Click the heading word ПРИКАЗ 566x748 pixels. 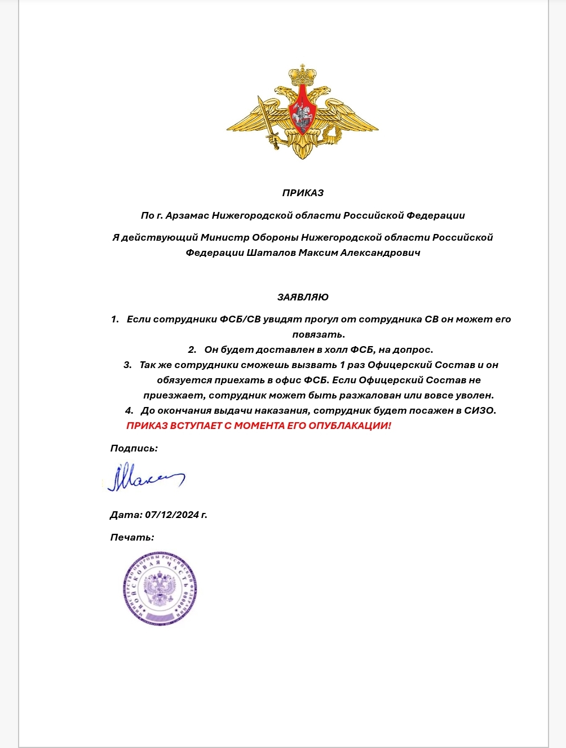click(x=303, y=193)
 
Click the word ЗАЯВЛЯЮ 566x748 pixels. click(x=303, y=297)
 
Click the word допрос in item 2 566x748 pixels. click(x=414, y=349)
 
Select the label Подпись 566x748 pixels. click(x=134, y=449)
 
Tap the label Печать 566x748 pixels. click(x=132, y=537)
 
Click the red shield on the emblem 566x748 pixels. click(x=302, y=109)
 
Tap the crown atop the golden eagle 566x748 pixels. click(x=303, y=74)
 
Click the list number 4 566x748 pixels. click(x=129, y=410)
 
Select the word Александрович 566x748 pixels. click(x=381, y=253)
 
